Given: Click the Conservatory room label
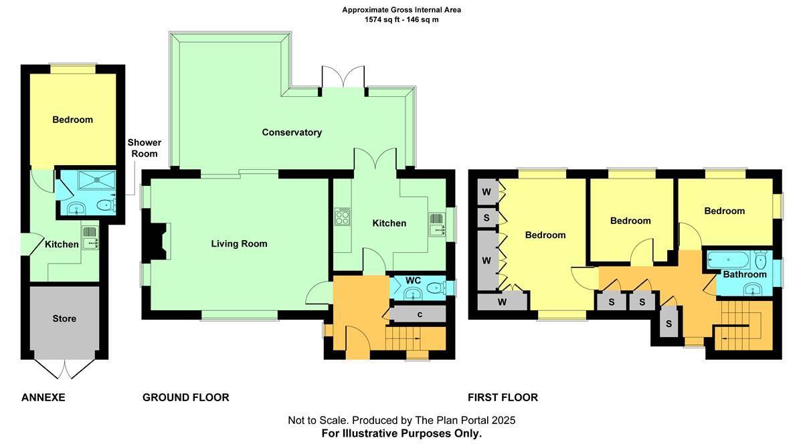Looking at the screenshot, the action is [x=292, y=132].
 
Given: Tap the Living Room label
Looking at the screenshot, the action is [x=239, y=244].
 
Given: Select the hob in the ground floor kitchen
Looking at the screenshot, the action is [x=342, y=217].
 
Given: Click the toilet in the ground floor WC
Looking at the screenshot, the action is [x=436, y=288].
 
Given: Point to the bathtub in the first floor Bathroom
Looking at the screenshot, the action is [x=728, y=259].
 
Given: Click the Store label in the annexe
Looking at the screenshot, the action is [x=64, y=318].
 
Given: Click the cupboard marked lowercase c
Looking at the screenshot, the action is [x=420, y=314].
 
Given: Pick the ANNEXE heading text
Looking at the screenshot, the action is [x=43, y=397].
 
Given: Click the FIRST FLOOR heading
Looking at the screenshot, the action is [x=503, y=397].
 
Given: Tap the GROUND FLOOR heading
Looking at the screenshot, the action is [x=186, y=397].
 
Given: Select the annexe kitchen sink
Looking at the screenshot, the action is [x=90, y=237].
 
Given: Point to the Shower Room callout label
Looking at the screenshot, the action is [x=145, y=148].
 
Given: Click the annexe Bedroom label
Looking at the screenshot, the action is [x=72, y=120].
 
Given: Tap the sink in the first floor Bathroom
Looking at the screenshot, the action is [x=751, y=289].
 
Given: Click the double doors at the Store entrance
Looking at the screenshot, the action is [x=65, y=368].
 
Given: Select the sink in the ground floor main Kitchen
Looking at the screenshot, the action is [x=437, y=224].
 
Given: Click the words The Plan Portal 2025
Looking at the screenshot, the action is [x=465, y=421].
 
